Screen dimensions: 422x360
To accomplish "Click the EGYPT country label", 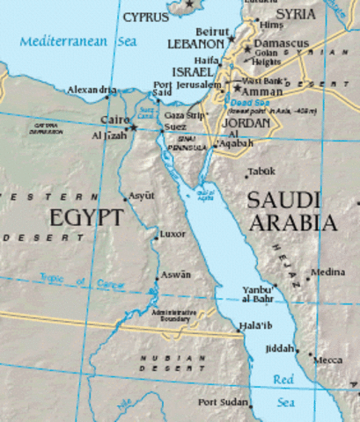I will click(x=85, y=217).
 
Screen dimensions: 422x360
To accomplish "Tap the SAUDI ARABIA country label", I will click(x=293, y=211).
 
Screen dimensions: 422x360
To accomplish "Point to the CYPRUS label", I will click(x=146, y=17).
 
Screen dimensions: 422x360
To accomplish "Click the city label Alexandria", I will click(x=92, y=90).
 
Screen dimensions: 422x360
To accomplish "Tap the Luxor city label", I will click(x=173, y=235).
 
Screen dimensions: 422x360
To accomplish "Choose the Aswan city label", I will click(x=175, y=274).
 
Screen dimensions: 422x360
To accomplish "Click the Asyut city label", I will click(x=141, y=195).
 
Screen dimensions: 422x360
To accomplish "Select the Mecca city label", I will click(x=329, y=360).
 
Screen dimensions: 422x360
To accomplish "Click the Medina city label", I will click(x=328, y=273).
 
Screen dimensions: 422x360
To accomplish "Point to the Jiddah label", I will click(x=281, y=349).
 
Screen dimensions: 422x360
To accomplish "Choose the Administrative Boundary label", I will click(x=173, y=316).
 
